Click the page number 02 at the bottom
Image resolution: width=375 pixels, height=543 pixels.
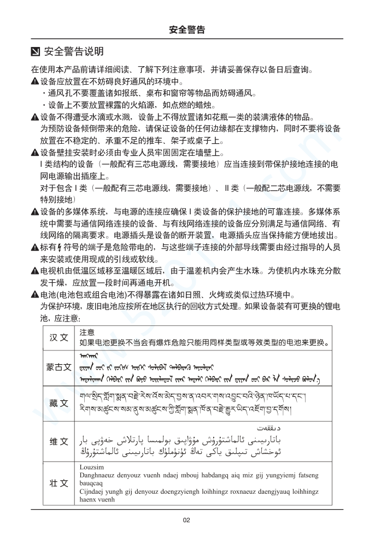[x=187, y=520]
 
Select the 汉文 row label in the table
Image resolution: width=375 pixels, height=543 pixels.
[x=59, y=337]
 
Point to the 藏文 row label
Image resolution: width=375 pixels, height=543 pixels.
[x=59, y=403]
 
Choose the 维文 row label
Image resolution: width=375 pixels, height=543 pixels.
[x=59, y=441]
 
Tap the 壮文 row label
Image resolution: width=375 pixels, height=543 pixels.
[x=59, y=483]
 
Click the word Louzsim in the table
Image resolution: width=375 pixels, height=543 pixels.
[x=91, y=466]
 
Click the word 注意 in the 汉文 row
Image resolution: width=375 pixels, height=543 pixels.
[x=87, y=332]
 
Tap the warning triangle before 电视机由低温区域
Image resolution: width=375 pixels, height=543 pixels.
[x=35, y=271]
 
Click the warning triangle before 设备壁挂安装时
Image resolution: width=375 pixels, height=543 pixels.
[x=35, y=153]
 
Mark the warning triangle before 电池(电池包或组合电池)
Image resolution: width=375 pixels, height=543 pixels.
[x=35, y=295]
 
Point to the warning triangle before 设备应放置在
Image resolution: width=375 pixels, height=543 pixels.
[x=35, y=81]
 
